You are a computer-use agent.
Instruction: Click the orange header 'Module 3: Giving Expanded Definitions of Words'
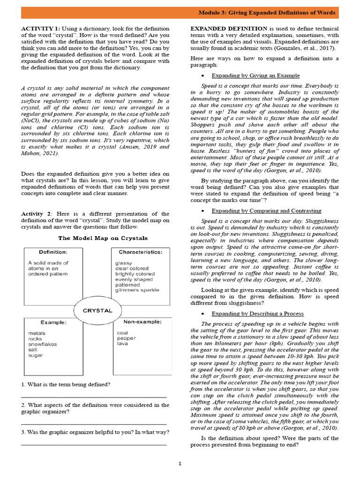coord(267,12)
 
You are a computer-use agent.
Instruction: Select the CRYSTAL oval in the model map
coord(97,310)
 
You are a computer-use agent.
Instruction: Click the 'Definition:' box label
coord(53,252)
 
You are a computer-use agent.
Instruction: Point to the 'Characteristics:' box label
coord(141,252)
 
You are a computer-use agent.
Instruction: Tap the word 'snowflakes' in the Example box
coord(43,344)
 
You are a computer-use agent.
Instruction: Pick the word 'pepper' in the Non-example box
coord(126,338)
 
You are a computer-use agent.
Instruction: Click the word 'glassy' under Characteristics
coord(124,263)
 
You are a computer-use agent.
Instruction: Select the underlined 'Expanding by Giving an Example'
coord(255,75)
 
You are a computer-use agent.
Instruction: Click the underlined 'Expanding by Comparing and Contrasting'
coord(266,210)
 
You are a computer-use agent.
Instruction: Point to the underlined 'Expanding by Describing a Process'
coord(257,314)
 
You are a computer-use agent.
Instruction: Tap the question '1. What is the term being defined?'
coord(66,385)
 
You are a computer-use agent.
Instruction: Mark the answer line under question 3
coord(94,443)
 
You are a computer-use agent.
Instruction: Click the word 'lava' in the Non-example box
coord(122,344)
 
